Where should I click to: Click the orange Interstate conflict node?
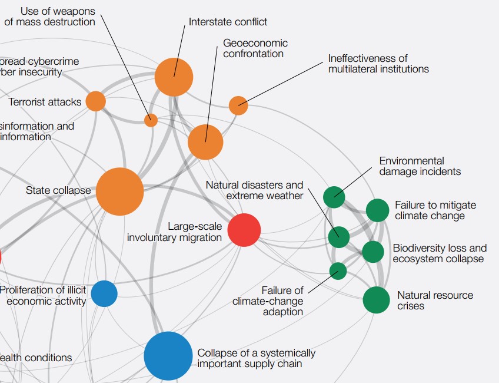tap(174, 77)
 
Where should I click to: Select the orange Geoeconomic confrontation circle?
tap(205, 142)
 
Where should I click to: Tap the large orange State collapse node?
tap(119, 191)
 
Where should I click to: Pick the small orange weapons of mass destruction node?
tap(151, 120)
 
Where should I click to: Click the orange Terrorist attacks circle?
tap(95, 101)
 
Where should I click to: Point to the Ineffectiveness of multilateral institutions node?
tap(238, 105)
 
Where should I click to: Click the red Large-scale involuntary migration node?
tap(244, 230)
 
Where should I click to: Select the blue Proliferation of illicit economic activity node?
tap(104, 293)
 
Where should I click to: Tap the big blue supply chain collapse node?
tap(168, 356)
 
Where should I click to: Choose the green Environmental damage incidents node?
tap(334, 197)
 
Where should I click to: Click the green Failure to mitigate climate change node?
tap(377, 210)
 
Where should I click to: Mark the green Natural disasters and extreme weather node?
tap(338, 237)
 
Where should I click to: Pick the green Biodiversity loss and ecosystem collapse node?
tap(372, 252)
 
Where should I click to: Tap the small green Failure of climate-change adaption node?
tap(338, 271)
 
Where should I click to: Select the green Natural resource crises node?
tap(376, 300)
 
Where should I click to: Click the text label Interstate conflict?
tap(228, 22)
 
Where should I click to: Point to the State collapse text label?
tap(58, 190)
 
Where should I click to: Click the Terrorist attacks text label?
tap(45, 102)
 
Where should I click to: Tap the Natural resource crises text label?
tap(435, 301)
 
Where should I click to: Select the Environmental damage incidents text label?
tap(420, 166)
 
